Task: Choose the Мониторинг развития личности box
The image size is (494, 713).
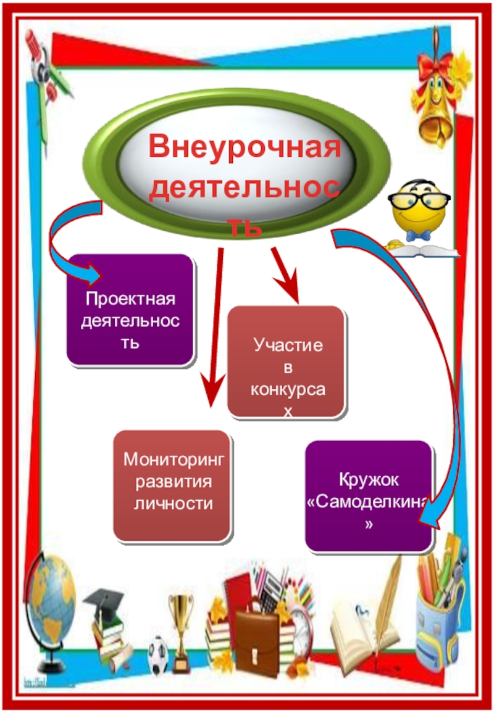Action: pyautogui.click(x=172, y=486)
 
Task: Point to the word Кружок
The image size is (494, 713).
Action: pyautogui.click(x=369, y=480)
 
